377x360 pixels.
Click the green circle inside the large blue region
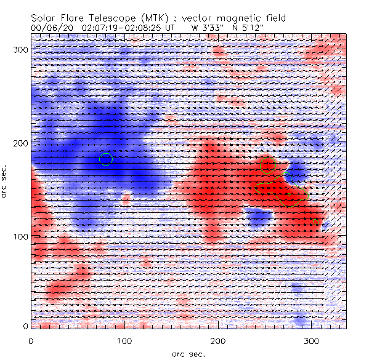pos(106,159)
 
